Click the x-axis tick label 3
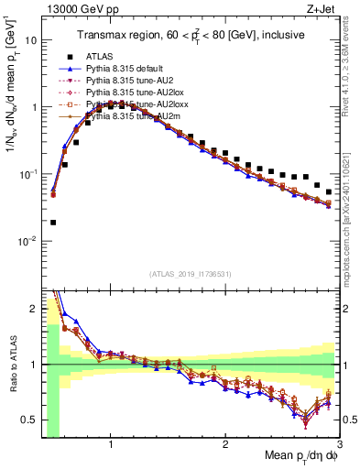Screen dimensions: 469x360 [339, 447]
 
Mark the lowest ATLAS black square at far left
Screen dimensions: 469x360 [53, 222]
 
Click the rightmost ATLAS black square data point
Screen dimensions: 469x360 [329, 192]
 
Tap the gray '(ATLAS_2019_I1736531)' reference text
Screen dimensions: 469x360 [191, 274]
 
